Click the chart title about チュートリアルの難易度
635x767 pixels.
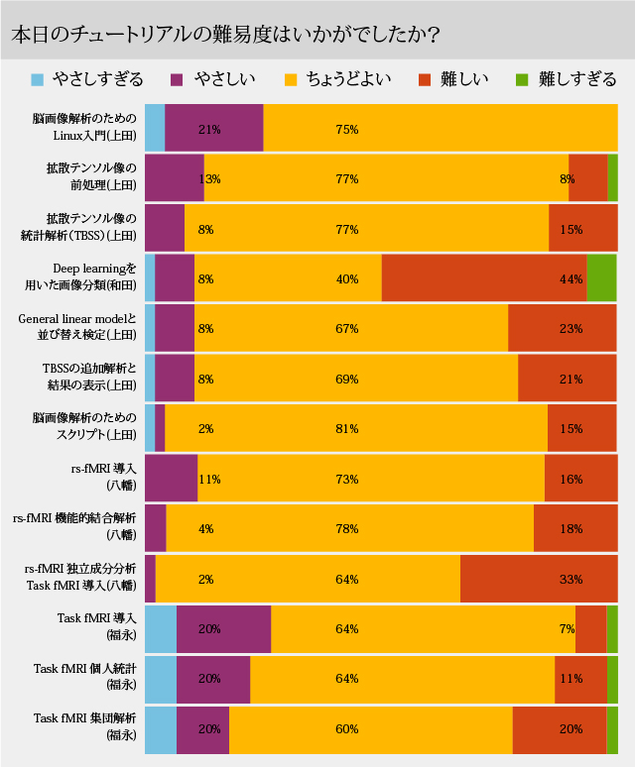[x=227, y=33]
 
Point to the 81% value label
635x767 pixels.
[x=346, y=429]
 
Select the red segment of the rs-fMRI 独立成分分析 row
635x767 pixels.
[x=538, y=579]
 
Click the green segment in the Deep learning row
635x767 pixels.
[x=601, y=278]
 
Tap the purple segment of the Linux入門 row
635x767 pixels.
[x=213, y=129]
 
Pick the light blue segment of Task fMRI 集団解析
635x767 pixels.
[x=161, y=729]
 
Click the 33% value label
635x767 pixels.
[x=571, y=579]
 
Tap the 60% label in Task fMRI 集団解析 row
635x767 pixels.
[x=346, y=729]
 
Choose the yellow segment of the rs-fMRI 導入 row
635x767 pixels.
[x=371, y=479]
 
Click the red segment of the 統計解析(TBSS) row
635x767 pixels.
[x=582, y=229]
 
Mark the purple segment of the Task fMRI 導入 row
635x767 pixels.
[x=223, y=629]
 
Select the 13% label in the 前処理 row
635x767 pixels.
[x=209, y=179]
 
